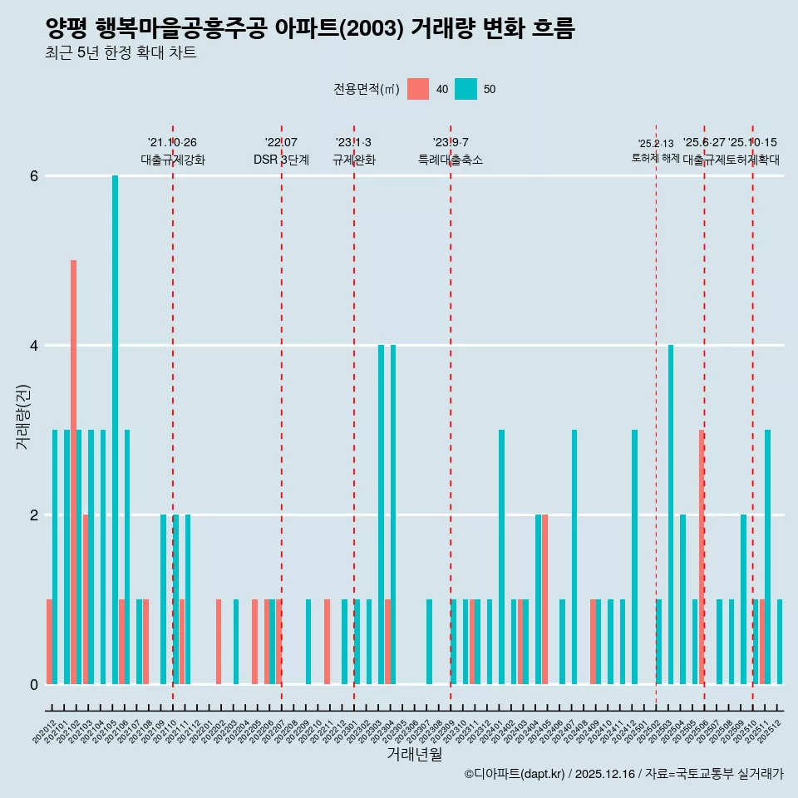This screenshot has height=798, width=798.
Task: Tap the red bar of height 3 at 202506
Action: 702,557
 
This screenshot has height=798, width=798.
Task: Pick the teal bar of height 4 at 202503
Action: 671,515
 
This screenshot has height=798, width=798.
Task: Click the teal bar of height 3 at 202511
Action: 768,557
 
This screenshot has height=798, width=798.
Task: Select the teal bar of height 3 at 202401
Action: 501,557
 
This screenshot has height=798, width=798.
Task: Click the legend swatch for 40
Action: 418,89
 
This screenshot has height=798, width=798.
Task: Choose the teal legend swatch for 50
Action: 465,89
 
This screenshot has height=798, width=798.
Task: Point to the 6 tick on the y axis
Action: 34,176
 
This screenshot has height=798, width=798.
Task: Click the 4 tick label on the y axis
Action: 34,346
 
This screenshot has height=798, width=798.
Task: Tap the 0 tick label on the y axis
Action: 34,685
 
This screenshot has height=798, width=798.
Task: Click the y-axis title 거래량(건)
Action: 22,416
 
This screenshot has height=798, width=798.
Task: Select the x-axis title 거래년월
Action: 414,754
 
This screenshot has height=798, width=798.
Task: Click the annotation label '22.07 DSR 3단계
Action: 281,151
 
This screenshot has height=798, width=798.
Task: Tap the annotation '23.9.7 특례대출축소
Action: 450,151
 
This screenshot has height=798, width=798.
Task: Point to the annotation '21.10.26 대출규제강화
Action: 172,151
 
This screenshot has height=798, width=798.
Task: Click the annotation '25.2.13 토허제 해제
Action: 656,151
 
